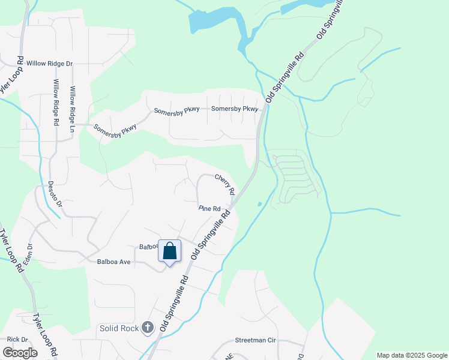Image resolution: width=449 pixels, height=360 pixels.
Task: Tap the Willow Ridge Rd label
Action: (56, 102)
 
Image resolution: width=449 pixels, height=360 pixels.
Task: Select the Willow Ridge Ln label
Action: (73, 109)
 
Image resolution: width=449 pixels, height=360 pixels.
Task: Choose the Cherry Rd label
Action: (224, 184)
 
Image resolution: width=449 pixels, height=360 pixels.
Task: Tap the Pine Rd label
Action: (210, 209)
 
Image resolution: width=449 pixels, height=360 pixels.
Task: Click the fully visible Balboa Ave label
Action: (113, 262)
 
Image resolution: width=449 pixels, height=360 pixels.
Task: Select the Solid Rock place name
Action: (118, 328)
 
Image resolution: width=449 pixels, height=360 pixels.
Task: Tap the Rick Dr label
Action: (14, 340)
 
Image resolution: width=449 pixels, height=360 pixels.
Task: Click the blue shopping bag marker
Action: (169, 251)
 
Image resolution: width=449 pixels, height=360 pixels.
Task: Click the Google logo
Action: (20, 352)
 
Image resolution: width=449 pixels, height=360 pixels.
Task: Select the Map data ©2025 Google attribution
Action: (411, 355)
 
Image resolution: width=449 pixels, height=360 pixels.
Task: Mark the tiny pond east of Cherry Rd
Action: (259, 204)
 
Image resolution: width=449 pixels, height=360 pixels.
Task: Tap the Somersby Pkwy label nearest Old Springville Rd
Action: (234, 109)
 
